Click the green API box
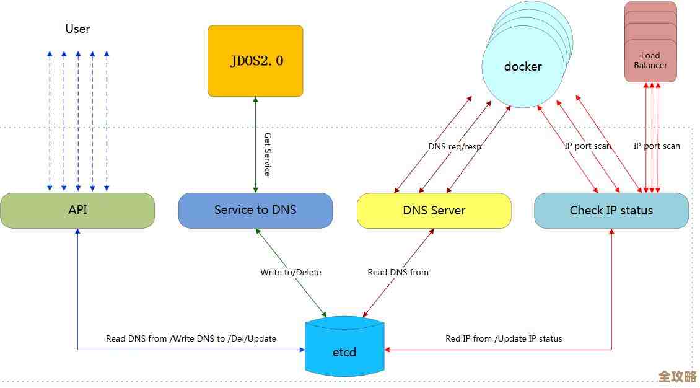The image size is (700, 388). (x=77, y=210)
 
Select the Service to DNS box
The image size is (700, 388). (x=255, y=210)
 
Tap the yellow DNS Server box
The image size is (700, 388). (x=434, y=210)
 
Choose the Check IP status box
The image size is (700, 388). (x=611, y=210)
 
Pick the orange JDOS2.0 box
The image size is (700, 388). (x=255, y=61)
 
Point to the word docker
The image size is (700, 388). (x=523, y=66)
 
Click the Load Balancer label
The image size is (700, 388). (x=650, y=60)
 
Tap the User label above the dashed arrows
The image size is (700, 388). (x=77, y=29)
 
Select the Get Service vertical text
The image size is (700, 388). (x=268, y=154)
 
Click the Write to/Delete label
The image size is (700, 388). (x=291, y=272)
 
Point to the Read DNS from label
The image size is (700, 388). (x=398, y=272)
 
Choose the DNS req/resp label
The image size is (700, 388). (x=455, y=147)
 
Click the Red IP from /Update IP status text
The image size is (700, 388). (x=504, y=338)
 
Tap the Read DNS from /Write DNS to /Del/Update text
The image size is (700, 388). (x=191, y=338)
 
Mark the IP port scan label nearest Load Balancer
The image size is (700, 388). (x=657, y=146)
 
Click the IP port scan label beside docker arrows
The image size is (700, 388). (x=587, y=146)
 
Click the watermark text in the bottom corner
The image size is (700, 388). (x=677, y=376)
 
